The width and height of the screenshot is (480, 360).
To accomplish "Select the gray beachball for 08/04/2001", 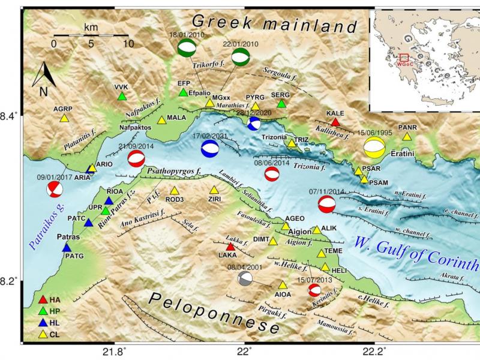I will [245, 278].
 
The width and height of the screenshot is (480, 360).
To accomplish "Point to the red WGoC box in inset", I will [404, 58].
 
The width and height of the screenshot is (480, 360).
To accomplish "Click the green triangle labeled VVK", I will [122, 96].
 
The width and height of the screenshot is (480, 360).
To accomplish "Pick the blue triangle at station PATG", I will [67, 247].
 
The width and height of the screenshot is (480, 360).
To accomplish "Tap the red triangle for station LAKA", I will [230, 247].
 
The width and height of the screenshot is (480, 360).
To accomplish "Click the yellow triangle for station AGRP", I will [64, 118].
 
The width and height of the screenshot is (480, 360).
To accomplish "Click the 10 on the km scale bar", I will [125, 44].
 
